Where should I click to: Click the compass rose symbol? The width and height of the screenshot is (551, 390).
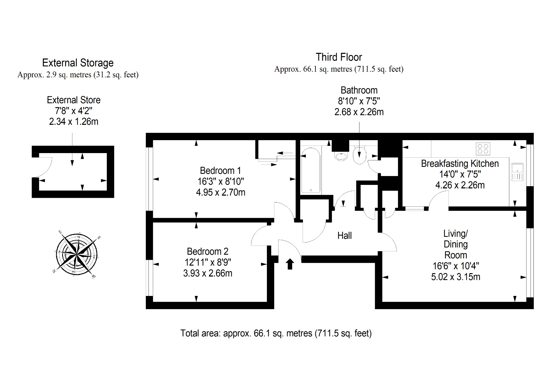point(77,254)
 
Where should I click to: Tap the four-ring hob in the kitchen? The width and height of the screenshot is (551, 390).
point(483,149)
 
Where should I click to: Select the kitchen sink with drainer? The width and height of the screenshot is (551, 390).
point(517,172)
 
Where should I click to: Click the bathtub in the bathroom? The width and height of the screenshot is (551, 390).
point(311,170)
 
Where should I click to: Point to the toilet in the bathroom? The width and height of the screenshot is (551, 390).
point(359,155)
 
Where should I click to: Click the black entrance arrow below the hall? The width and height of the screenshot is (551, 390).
point(289,264)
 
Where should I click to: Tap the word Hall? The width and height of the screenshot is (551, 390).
point(344,236)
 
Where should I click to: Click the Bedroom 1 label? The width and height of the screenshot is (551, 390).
point(220,171)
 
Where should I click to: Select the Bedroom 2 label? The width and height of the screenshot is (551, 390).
point(207,251)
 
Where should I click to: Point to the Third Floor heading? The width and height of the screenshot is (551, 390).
point(339,57)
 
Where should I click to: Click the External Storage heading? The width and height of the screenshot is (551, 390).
point(78,63)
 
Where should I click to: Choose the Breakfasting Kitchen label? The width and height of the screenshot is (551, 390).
point(460,164)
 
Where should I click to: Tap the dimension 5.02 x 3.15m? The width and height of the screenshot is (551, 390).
point(455,277)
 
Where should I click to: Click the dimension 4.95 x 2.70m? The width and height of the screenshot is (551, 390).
point(221,192)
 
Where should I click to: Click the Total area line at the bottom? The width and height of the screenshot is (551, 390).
point(276,333)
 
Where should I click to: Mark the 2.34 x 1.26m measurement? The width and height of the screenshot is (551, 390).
point(73,122)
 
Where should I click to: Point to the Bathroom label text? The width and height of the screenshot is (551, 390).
point(359,90)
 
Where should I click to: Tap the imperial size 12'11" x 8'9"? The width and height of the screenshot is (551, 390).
point(208,262)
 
